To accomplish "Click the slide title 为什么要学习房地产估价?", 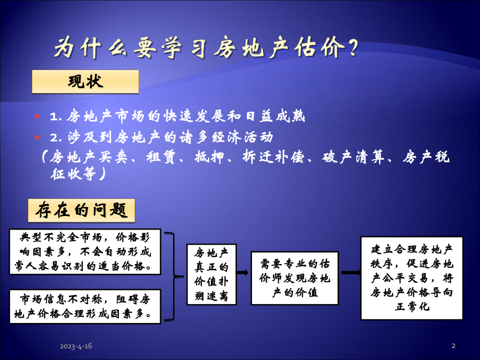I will (x=206, y=49).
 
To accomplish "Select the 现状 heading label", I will (x=86, y=82).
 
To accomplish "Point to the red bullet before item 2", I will (x=37, y=137).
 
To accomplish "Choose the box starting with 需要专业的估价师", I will (x=294, y=279).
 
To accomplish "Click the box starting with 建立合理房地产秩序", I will (x=412, y=278).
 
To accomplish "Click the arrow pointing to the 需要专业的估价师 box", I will (x=243, y=272).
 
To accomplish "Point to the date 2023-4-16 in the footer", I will (x=76, y=346).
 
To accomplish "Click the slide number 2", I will (x=453, y=346).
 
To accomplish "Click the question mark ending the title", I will (x=352, y=49).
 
